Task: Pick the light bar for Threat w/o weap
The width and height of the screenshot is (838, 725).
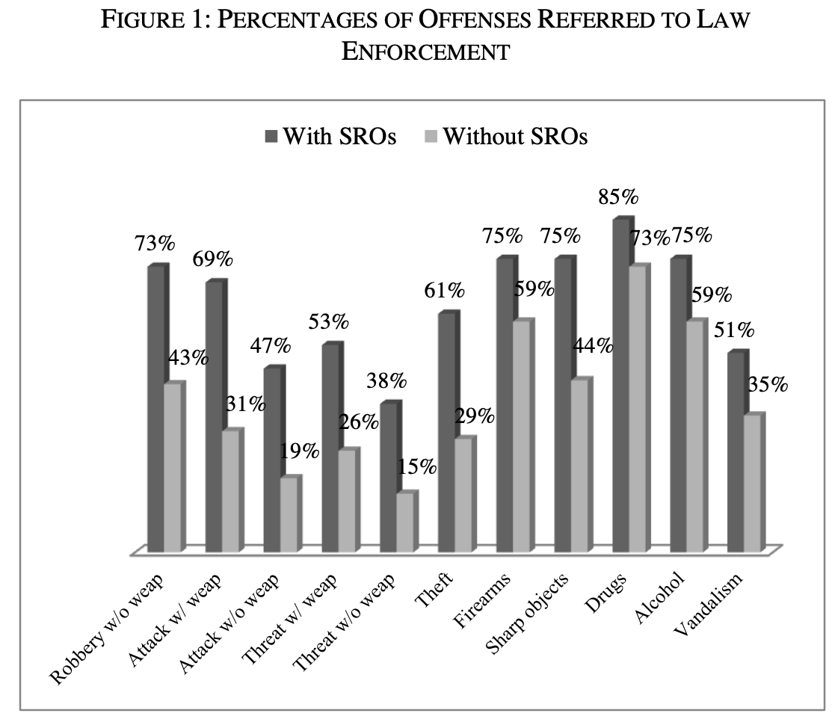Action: [x=404, y=523]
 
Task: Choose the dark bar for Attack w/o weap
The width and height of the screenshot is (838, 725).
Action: [x=272, y=460]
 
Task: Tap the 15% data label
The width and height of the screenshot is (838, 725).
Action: [x=416, y=467]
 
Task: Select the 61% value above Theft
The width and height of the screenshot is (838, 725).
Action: [x=443, y=289]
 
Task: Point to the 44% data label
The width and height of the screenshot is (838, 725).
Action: [x=593, y=346]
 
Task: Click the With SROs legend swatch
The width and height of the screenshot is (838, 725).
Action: [x=271, y=137]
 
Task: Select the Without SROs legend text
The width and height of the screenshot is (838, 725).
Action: [x=515, y=137]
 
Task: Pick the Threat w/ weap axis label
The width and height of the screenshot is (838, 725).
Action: [x=292, y=620]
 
